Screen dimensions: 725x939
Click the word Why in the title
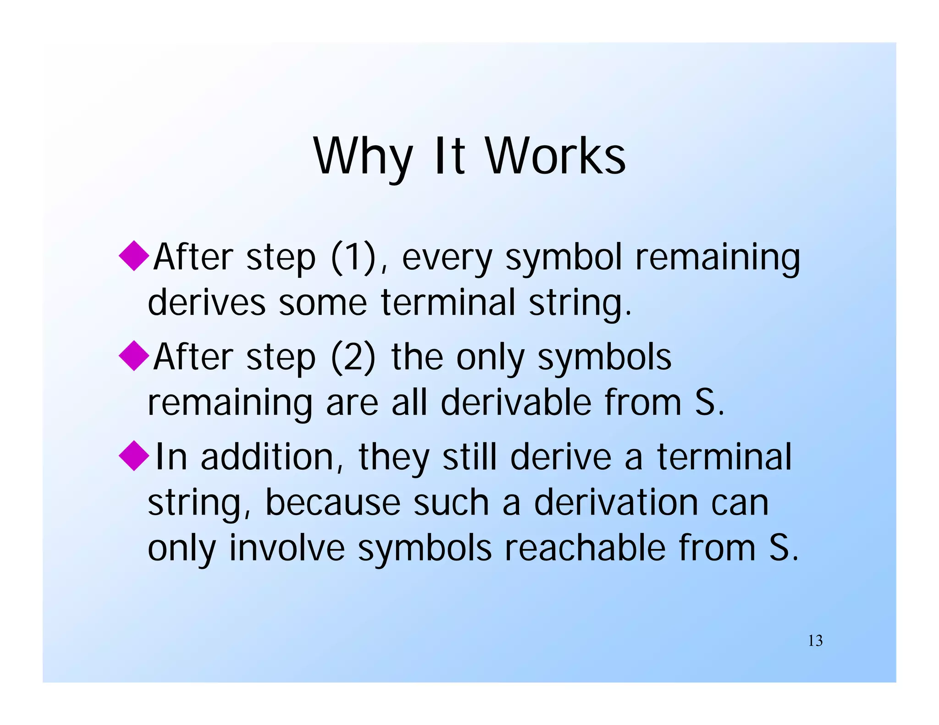click(x=362, y=157)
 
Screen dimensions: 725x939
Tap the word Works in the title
click(x=555, y=157)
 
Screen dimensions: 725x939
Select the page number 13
click(x=815, y=640)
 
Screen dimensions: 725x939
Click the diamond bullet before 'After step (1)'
click(x=134, y=255)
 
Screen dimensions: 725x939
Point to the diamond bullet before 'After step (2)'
click(x=134, y=355)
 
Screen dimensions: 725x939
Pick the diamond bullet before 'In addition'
click(x=134, y=455)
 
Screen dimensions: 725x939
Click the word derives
click(x=206, y=302)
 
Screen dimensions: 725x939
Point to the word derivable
click(x=515, y=402)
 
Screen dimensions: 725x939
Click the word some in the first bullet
click(x=323, y=303)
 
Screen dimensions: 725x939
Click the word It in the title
click(x=449, y=157)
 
